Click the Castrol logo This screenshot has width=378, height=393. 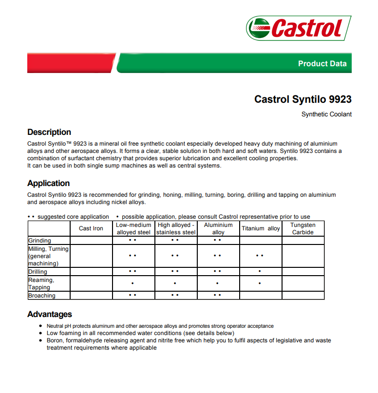(x=299, y=28)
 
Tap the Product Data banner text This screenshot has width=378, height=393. (x=322, y=64)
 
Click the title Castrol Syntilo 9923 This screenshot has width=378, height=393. (x=302, y=99)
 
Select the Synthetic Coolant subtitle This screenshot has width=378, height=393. (x=326, y=114)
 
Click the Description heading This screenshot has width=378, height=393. (x=49, y=132)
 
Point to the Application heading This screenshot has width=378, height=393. (x=49, y=183)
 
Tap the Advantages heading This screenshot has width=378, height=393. (x=50, y=314)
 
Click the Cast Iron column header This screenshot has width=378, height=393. (x=91, y=228)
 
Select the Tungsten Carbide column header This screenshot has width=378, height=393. (x=302, y=228)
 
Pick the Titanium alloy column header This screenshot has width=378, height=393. (x=261, y=228)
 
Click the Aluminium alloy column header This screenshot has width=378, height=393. (x=218, y=228)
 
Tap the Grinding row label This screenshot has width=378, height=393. (x=39, y=241)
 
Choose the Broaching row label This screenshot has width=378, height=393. (x=42, y=296)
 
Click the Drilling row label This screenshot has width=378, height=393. (x=38, y=272)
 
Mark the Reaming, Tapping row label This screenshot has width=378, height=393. (x=41, y=283)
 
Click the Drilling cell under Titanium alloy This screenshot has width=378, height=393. (x=260, y=271)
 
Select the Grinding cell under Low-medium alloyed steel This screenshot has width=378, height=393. (x=132, y=240)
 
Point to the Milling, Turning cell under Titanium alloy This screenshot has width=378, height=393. (x=260, y=256)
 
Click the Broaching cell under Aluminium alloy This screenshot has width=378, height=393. (x=217, y=295)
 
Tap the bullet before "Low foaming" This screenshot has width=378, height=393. (x=41, y=333)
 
